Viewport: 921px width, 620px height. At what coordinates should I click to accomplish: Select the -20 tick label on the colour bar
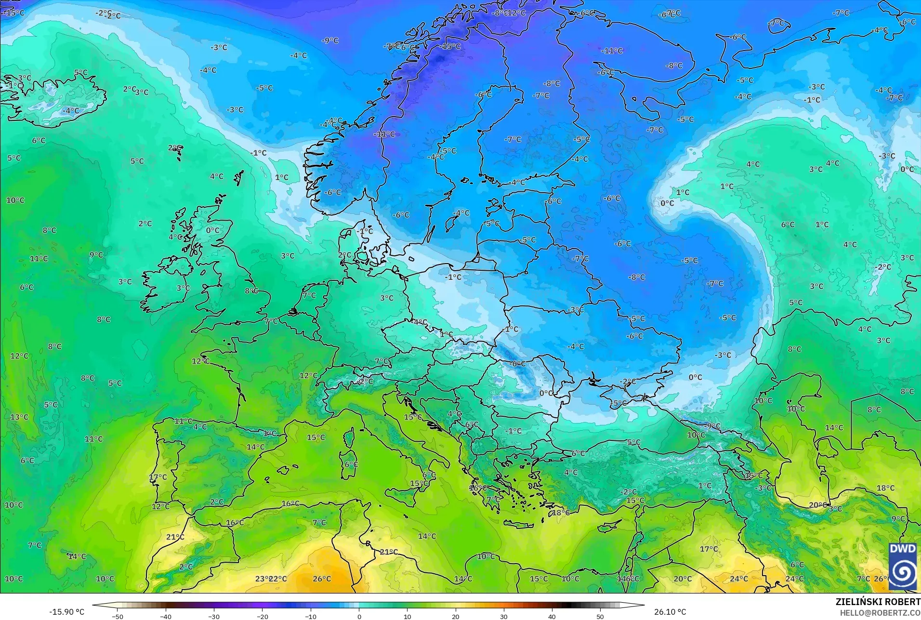262,617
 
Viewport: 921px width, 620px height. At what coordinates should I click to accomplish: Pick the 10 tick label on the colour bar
407,617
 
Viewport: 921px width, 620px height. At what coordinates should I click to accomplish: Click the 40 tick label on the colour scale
552,617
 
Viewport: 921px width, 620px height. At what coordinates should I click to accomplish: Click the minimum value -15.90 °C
66,612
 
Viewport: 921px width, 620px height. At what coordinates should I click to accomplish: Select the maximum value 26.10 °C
670,612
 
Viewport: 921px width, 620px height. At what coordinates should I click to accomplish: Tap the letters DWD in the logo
902,549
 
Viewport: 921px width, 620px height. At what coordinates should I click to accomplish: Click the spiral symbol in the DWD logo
902,573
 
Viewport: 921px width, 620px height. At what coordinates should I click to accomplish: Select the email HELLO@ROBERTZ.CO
880,613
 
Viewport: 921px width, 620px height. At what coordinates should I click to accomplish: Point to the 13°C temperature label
19,417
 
